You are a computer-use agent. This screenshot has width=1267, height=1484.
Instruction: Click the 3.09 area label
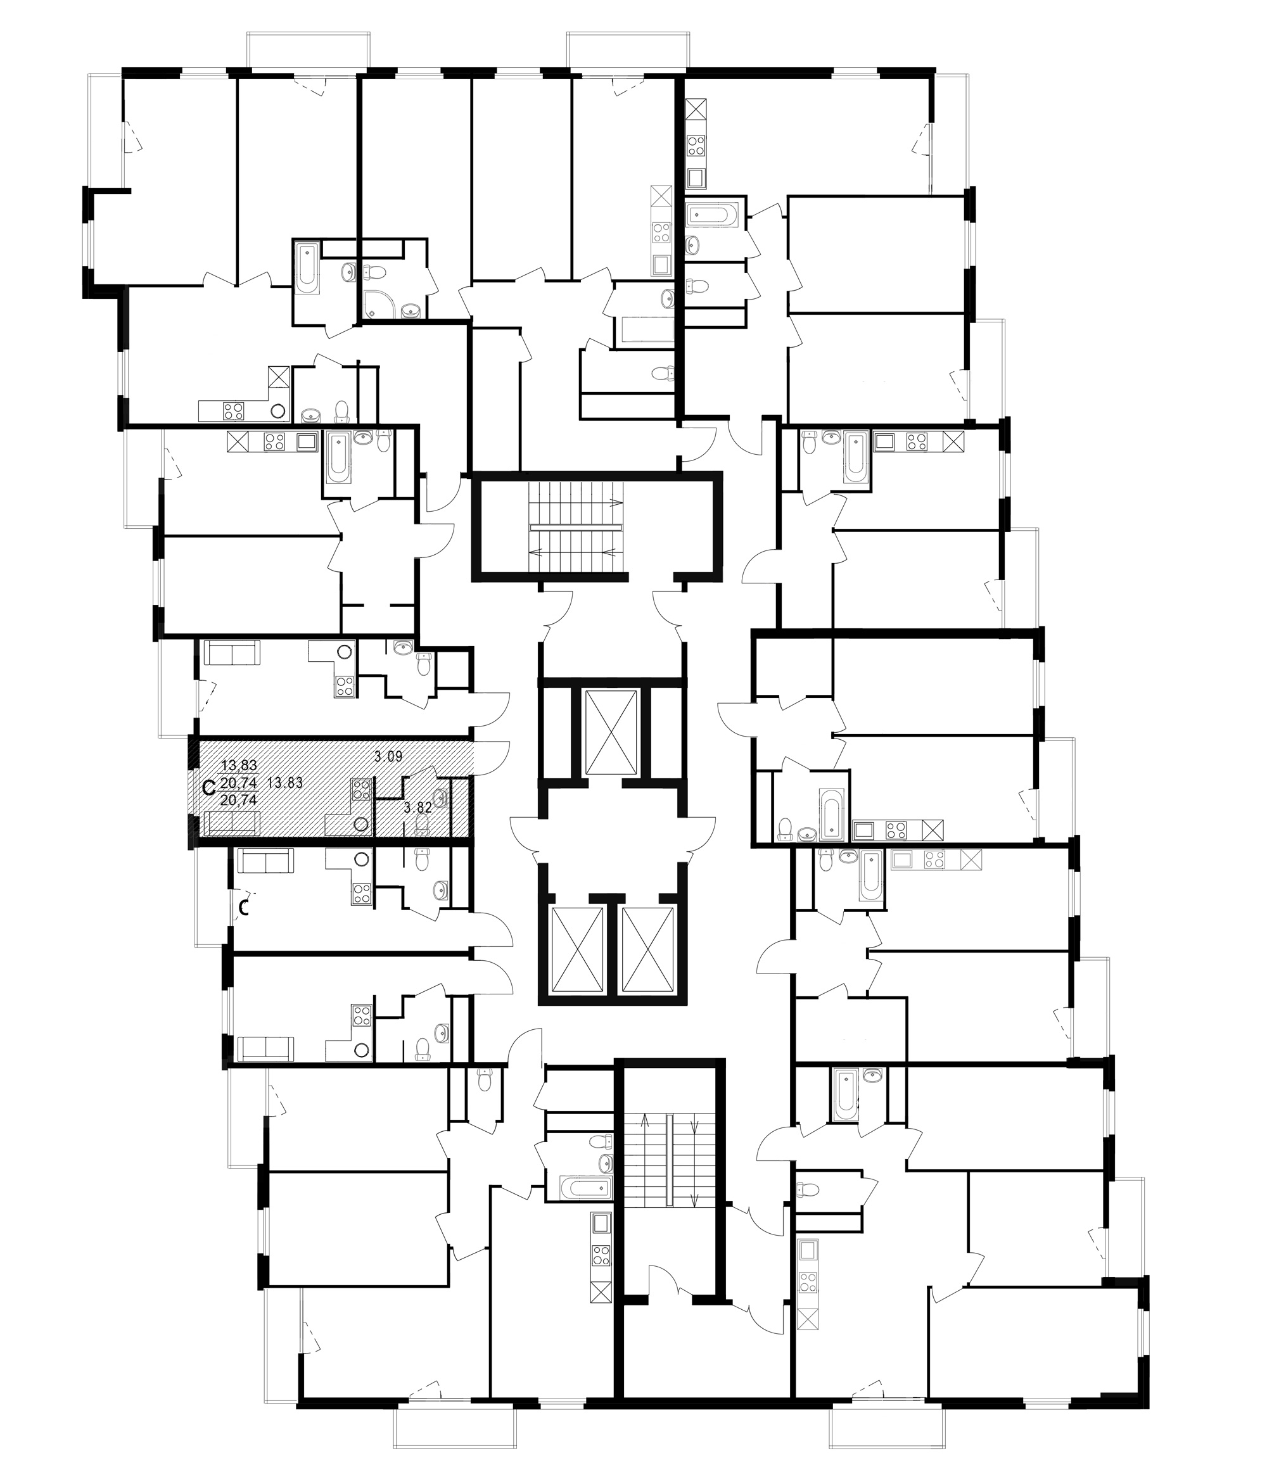[x=389, y=756]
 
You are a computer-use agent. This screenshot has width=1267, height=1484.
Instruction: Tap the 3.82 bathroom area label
[x=417, y=807]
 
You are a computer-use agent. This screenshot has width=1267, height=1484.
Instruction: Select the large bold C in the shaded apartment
[x=210, y=789]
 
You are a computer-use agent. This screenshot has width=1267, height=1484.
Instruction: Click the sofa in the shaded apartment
[x=231, y=823]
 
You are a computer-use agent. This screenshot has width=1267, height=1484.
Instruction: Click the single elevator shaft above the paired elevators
[x=610, y=733]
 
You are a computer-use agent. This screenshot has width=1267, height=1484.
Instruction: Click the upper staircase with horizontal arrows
[x=576, y=527]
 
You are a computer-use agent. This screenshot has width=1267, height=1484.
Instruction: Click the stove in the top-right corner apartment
[x=696, y=146]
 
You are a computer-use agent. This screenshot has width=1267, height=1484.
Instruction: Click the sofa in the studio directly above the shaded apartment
[x=231, y=652]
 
